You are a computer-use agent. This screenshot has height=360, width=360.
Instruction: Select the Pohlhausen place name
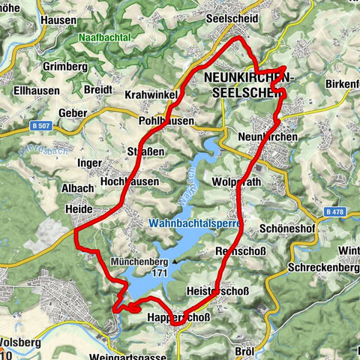tap(166, 120)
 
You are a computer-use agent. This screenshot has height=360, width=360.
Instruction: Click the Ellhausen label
tap(29, 94)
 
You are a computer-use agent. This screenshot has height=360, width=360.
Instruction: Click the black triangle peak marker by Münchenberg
tap(174, 262)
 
